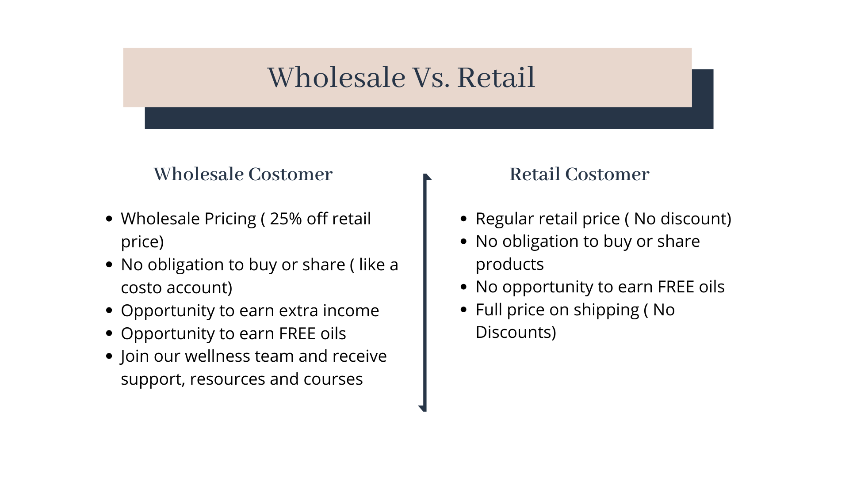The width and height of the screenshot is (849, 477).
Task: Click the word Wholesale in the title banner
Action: click(337, 77)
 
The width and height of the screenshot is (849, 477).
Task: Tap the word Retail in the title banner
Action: click(496, 77)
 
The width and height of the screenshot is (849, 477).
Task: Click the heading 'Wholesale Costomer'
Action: click(243, 174)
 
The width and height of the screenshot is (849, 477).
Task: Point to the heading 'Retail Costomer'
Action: click(579, 174)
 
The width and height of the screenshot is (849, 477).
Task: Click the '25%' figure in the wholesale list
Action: click(286, 219)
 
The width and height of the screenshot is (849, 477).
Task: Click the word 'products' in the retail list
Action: click(510, 265)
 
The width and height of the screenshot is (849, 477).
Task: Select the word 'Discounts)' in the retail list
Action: click(516, 333)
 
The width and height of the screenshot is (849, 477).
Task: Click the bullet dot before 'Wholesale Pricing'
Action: click(110, 219)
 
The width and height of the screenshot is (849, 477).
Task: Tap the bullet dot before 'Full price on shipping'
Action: click(464, 310)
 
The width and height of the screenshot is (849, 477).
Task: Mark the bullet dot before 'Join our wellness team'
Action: click(110, 356)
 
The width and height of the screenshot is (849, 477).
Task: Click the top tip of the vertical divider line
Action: click(425, 174)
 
